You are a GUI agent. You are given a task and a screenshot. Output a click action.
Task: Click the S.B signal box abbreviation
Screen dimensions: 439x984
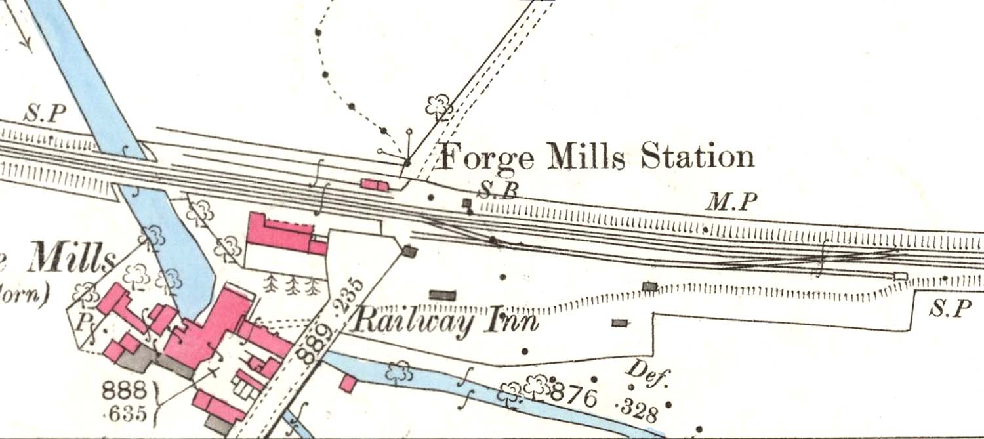tap(498, 190)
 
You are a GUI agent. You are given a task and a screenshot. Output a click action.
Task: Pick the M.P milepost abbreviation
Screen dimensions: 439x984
tap(731, 203)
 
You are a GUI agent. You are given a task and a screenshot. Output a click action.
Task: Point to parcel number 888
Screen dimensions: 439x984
tap(124, 392)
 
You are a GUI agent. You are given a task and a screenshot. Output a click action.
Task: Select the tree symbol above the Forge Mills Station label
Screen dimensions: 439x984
tap(438, 105)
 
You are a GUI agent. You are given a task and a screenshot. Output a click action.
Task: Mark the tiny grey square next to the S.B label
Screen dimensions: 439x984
tap(466, 203)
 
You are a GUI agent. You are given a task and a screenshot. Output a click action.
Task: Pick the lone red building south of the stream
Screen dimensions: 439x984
tap(348, 383)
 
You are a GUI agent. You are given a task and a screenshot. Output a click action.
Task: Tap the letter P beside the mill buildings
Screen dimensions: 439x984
tap(83, 322)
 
